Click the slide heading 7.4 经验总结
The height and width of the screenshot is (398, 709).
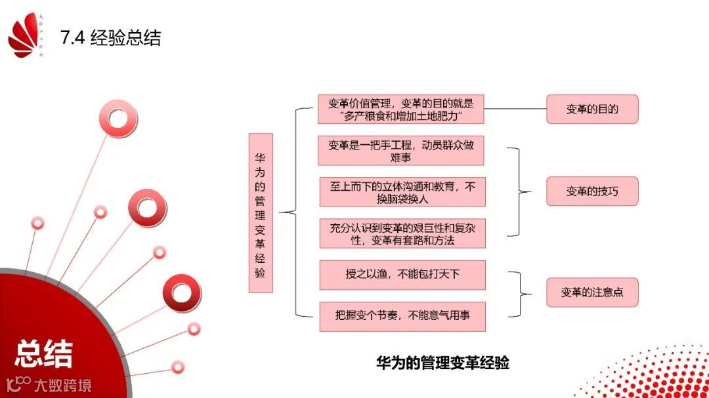click(x=110, y=37)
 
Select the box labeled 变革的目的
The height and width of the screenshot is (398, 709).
click(x=592, y=109)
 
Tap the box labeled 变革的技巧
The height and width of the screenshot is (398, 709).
click(x=592, y=192)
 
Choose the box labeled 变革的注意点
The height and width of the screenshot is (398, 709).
click(x=592, y=292)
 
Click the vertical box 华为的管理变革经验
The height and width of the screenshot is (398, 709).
click(x=261, y=213)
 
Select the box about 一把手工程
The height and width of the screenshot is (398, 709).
click(x=400, y=151)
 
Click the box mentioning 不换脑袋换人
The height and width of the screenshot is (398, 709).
click(x=402, y=192)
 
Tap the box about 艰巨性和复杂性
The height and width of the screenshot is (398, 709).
click(x=402, y=233)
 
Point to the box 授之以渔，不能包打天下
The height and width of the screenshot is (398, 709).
click(x=402, y=275)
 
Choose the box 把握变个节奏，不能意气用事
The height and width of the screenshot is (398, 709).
click(x=402, y=316)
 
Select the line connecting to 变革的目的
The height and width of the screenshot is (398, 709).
click(x=515, y=109)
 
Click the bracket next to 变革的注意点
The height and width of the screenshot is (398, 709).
click(x=523, y=292)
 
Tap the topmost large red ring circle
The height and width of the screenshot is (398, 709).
click(x=118, y=119)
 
